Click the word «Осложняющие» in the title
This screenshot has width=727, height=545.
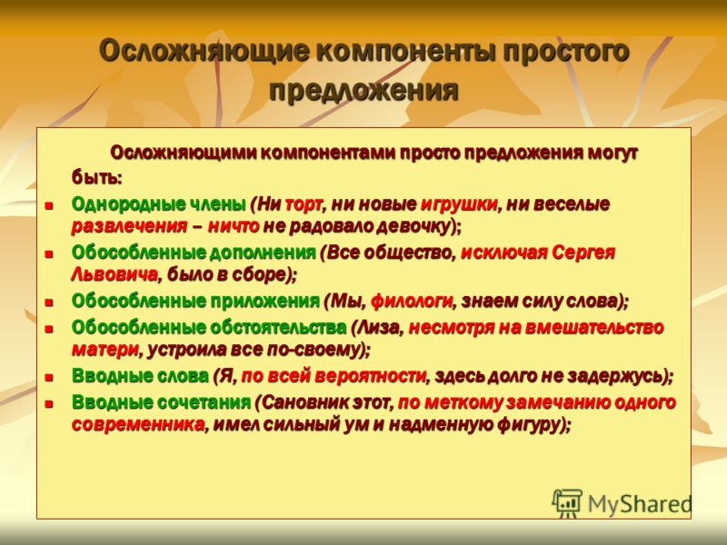tap(204, 51)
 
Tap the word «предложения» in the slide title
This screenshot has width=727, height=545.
tap(363, 89)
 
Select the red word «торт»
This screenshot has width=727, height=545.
tap(304, 203)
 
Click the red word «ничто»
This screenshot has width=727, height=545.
tap(234, 226)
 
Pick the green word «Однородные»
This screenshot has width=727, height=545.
tap(128, 203)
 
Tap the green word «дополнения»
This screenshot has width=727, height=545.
tap(263, 253)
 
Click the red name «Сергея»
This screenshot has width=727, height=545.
tap(583, 253)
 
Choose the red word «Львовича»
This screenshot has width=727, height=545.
tap(115, 275)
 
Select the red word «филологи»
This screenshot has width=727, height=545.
tap(412, 302)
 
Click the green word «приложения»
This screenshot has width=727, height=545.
tap(264, 302)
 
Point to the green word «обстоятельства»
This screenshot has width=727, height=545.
tap(278, 328)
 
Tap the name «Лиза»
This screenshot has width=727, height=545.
tap(377, 328)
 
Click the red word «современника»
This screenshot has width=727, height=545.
tap(138, 424)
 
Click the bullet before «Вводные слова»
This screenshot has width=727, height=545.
tap(49, 377)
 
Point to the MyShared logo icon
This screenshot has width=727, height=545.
tap(566, 503)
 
